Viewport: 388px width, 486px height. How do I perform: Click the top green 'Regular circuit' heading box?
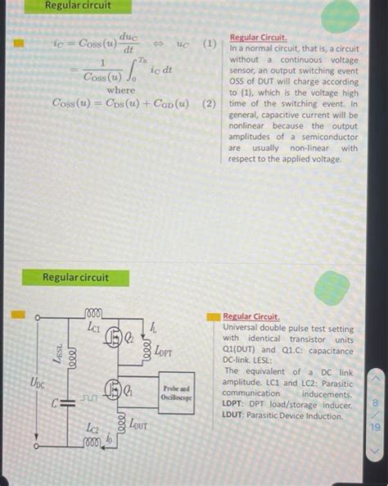(78, 7)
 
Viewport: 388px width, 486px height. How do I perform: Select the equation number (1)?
(211, 43)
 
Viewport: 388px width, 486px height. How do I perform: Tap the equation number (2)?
(210, 103)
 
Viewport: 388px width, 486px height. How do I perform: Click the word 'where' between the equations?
(121, 89)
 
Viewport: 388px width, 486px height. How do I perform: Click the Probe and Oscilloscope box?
(177, 393)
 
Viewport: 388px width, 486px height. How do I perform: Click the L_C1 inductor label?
(93, 326)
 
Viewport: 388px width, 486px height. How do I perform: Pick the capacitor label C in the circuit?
(54, 402)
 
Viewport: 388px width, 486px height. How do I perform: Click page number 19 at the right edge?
(375, 426)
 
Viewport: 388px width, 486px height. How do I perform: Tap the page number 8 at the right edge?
(375, 402)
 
